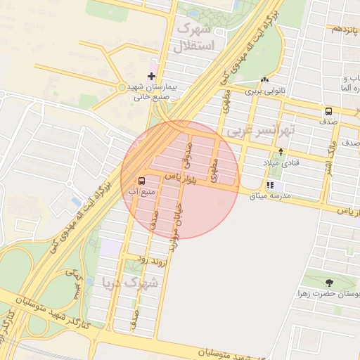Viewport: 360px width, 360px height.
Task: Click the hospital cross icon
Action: pyautogui.click(x=151, y=75)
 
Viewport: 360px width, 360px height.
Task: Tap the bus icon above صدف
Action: pyautogui.click(x=328, y=111)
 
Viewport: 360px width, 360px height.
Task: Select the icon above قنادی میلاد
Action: pyautogui.click(x=281, y=152)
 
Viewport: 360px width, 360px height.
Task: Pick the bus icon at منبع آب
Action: pyautogui.click(x=143, y=180)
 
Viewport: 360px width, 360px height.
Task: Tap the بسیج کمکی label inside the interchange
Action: pyautogui.click(x=70, y=284)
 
